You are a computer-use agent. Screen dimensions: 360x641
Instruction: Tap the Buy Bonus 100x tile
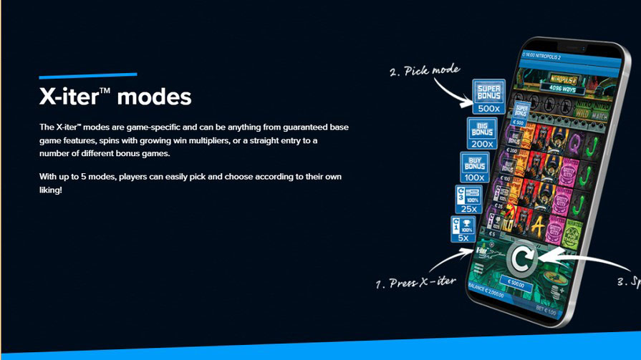pyautogui.click(x=474, y=167)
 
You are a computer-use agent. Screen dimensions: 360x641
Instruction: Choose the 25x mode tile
pyautogui.click(x=468, y=200)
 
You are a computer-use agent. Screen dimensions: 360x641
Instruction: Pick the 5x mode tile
pyautogui.click(x=463, y=229)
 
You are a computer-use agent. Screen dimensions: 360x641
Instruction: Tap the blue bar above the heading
pyautogui.click(x=87, y=74)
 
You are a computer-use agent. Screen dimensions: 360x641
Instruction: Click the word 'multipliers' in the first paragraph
pyautogui.click(x=254, y=140)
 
